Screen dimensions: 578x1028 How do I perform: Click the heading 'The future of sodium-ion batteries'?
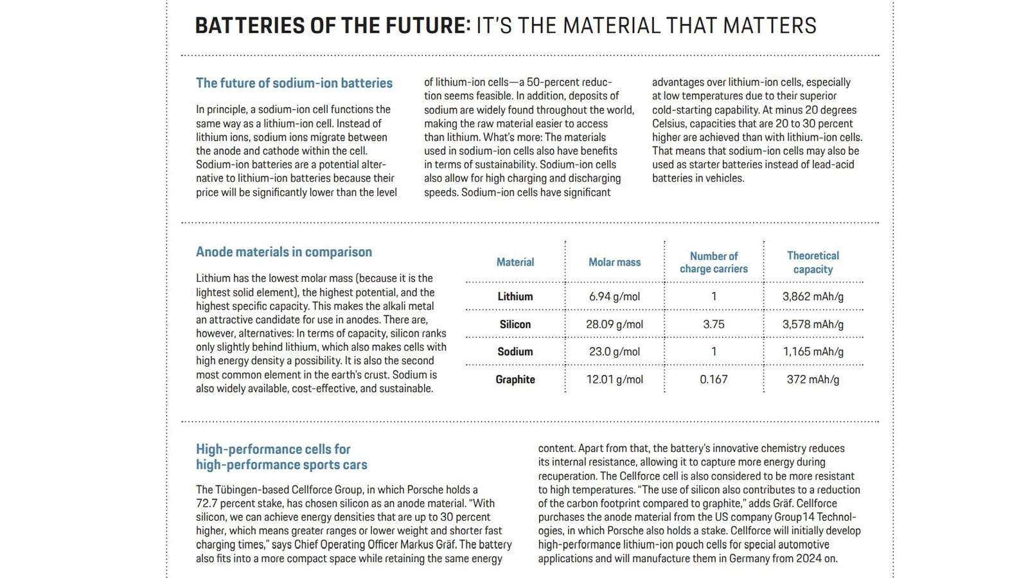click(x=294, y=83)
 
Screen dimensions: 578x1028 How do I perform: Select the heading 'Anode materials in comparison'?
click(x=283, y=252)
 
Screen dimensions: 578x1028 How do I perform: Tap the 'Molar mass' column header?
click(x=614, y=262)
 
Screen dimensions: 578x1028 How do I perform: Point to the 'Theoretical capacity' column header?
click(x=813, y=262)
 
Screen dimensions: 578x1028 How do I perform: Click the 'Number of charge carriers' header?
click(x=713, y=262)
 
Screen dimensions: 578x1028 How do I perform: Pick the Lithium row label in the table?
click(x=515, y=297)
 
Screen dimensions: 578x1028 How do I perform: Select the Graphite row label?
click(x=515, y=380)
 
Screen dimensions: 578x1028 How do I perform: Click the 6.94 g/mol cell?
click(x=614, y=297)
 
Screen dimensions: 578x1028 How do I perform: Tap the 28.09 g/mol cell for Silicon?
click(x=614, y=324)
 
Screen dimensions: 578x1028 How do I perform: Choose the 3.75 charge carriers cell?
click(x=713, y=324)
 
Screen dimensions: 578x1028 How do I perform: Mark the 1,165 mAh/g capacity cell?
click(x=813, y=352)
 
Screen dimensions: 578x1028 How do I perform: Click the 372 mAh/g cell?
click(x=813, y=380)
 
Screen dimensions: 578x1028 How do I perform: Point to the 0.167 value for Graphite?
click(x=713, y=380)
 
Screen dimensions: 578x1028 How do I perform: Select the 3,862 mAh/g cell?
click(x=813, y=297)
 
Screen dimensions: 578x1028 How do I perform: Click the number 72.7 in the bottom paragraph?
click(x=207, y=504)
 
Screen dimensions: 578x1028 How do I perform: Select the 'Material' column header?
click(x=515, y=262)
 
